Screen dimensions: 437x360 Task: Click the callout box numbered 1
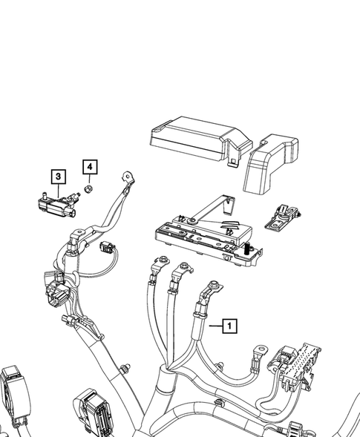tap(230, 326)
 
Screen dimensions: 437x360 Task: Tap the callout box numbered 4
tap(89, 168)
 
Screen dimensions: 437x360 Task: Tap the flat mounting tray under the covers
tap(204, 236)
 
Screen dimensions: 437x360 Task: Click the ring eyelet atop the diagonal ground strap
tap(130, 177)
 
